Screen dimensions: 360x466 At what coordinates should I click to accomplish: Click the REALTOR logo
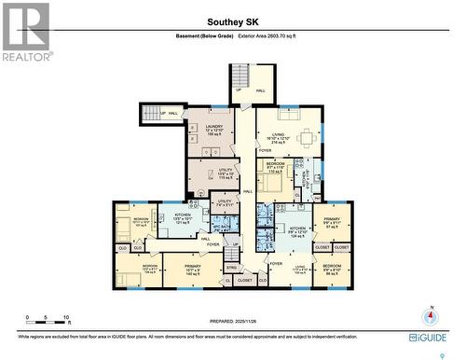click(25, 32)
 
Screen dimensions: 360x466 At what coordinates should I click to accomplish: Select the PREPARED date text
click(232, 318)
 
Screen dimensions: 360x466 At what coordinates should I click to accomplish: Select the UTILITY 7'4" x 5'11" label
click(225, 201)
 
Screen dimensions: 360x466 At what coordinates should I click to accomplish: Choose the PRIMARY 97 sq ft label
click(334, 225)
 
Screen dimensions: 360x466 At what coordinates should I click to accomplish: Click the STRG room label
click(231, 268)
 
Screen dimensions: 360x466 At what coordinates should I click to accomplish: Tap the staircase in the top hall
click(240, 76)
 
